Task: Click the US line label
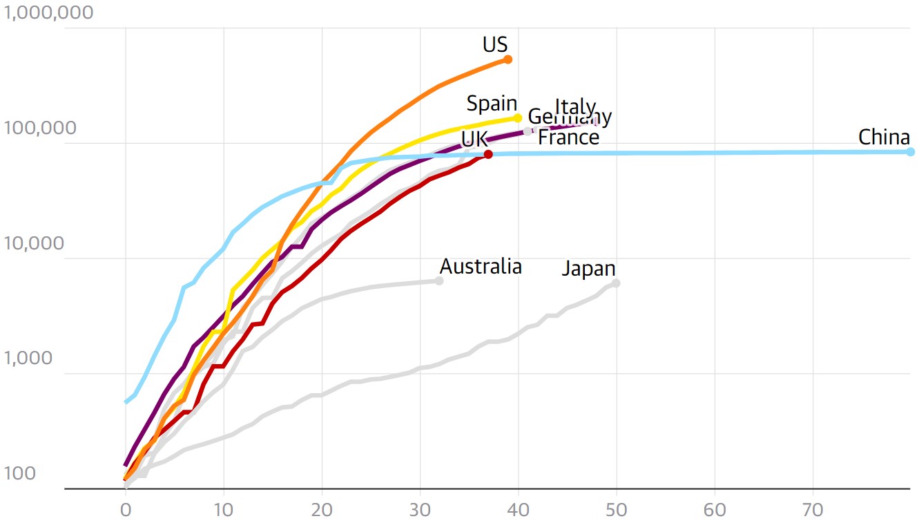coord(495,45)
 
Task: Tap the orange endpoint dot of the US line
coord(507,59)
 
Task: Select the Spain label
coord(492,104)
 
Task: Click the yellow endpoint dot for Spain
coord(518,118)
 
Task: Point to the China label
coord(884,137)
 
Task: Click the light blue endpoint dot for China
coord(910,152)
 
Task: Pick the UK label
coord(474,139)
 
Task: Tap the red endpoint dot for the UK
coord(488,154)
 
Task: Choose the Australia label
coord(481,267)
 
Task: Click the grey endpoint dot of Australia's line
coord(439,281)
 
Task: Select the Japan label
coord(588,269)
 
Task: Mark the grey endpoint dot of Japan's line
coord(616,283)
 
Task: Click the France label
coord(568,137)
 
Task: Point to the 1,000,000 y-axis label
coord(48,13)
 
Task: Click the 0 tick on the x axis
coord(126,511)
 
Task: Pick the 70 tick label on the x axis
coord(813,511)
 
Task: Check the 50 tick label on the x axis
coord(616,511)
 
